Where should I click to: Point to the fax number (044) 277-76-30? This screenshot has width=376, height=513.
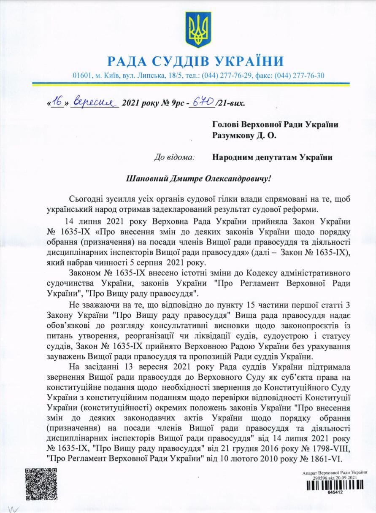coord(299,76)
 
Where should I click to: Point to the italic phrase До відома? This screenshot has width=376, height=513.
coord(174,157)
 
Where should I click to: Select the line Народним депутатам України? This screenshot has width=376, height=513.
coord(273,157)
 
